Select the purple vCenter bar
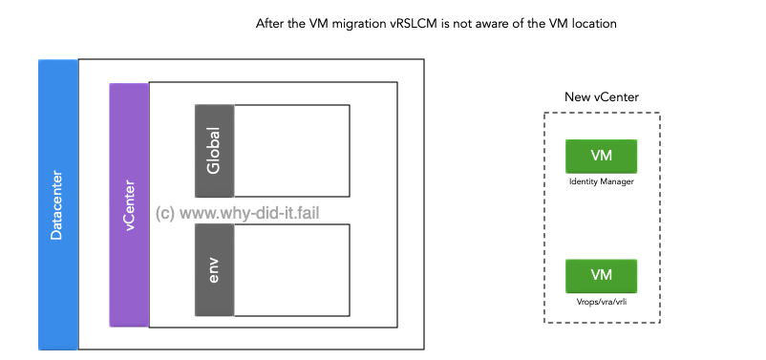129,277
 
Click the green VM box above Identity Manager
601,156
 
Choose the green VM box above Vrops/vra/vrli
601,275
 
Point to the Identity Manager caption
601,180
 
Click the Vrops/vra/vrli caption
601,301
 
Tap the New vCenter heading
602,97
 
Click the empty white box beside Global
291,151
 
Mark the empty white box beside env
291,269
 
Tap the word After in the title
272,24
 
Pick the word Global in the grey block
214,150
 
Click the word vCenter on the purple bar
129,202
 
